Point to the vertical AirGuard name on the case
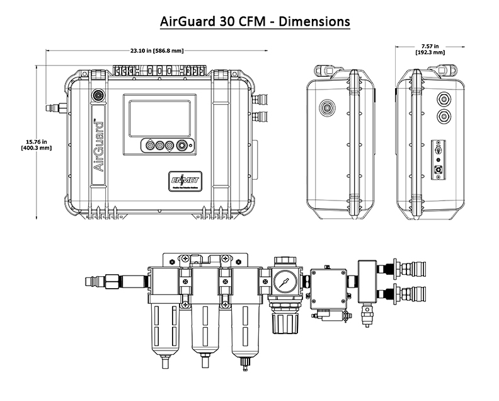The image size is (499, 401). pyautogui.click(x=99, y=149)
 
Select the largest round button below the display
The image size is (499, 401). pyautogui.click(x=182, y=145)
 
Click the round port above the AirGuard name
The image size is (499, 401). pyautogui.click(x=98, y=95)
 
